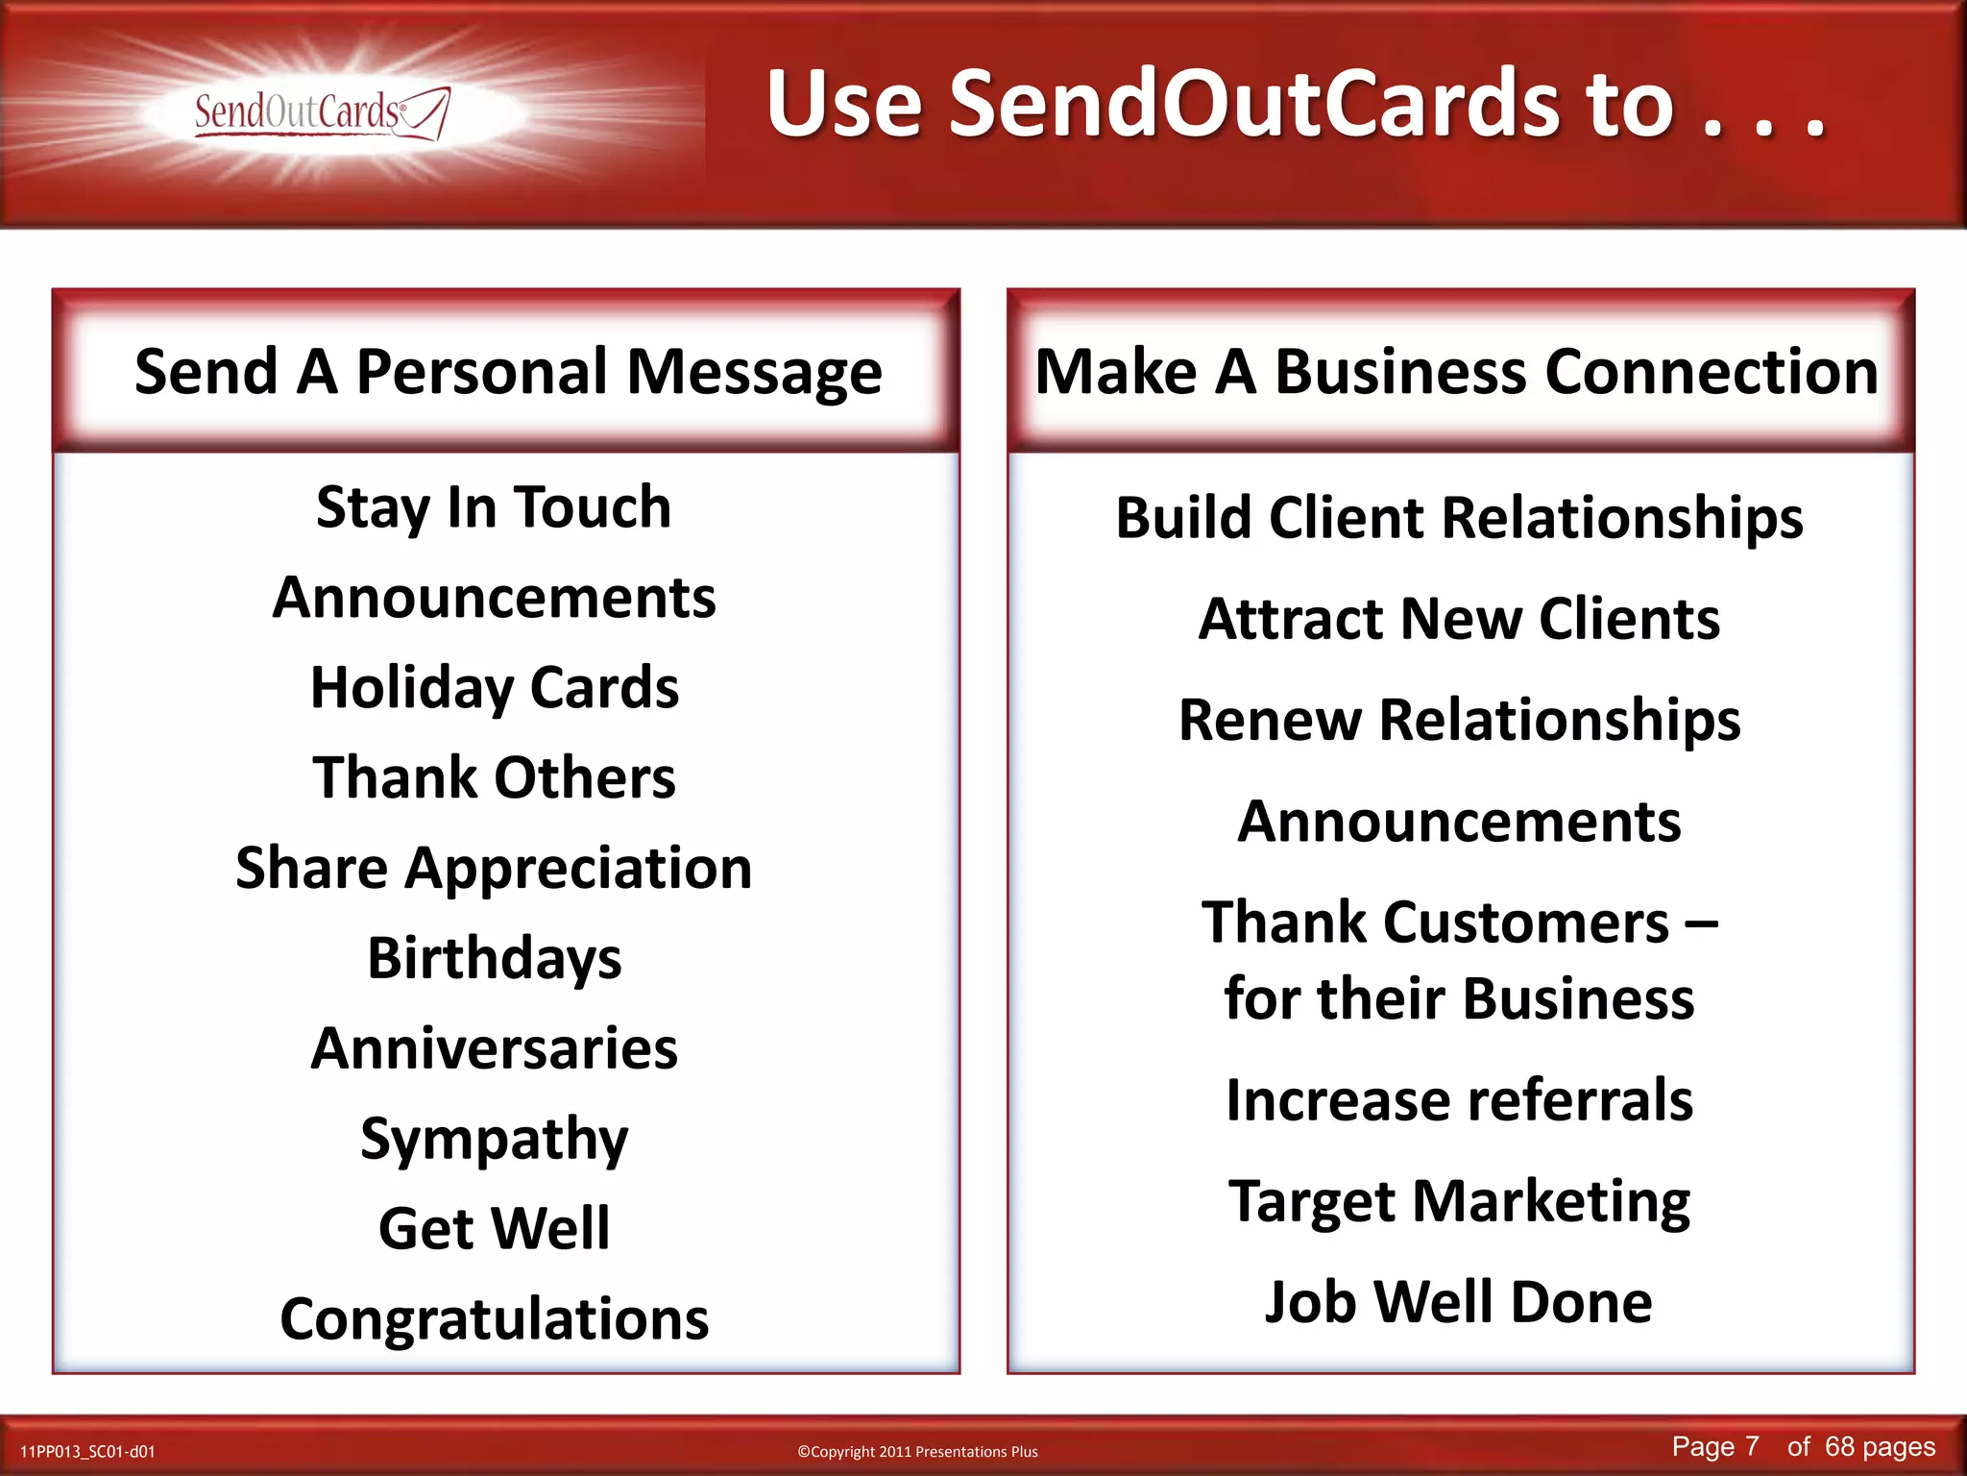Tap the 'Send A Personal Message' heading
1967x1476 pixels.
[508, 372]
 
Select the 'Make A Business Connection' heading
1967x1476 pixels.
[1456, 372]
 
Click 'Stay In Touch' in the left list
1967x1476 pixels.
[494, 507]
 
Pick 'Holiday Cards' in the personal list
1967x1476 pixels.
[494, 688]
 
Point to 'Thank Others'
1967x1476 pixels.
[494, 777]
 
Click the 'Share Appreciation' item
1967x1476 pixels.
[494, 868]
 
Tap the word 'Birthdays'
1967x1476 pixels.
[494, 958]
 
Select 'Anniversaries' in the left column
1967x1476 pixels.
[494, 1048]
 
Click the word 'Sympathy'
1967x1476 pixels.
[494, 1139]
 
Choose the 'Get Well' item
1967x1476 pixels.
[494, 1228]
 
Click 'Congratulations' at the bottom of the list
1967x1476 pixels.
[494, 1318]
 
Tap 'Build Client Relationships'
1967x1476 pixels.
[1459, 518]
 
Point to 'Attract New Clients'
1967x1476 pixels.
[1459, 619]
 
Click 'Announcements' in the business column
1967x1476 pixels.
[1459, 822]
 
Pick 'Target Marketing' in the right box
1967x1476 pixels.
[1459, 1201]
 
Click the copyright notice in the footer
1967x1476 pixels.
[917, 1452]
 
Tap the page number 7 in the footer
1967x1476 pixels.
[1751, 1446]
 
